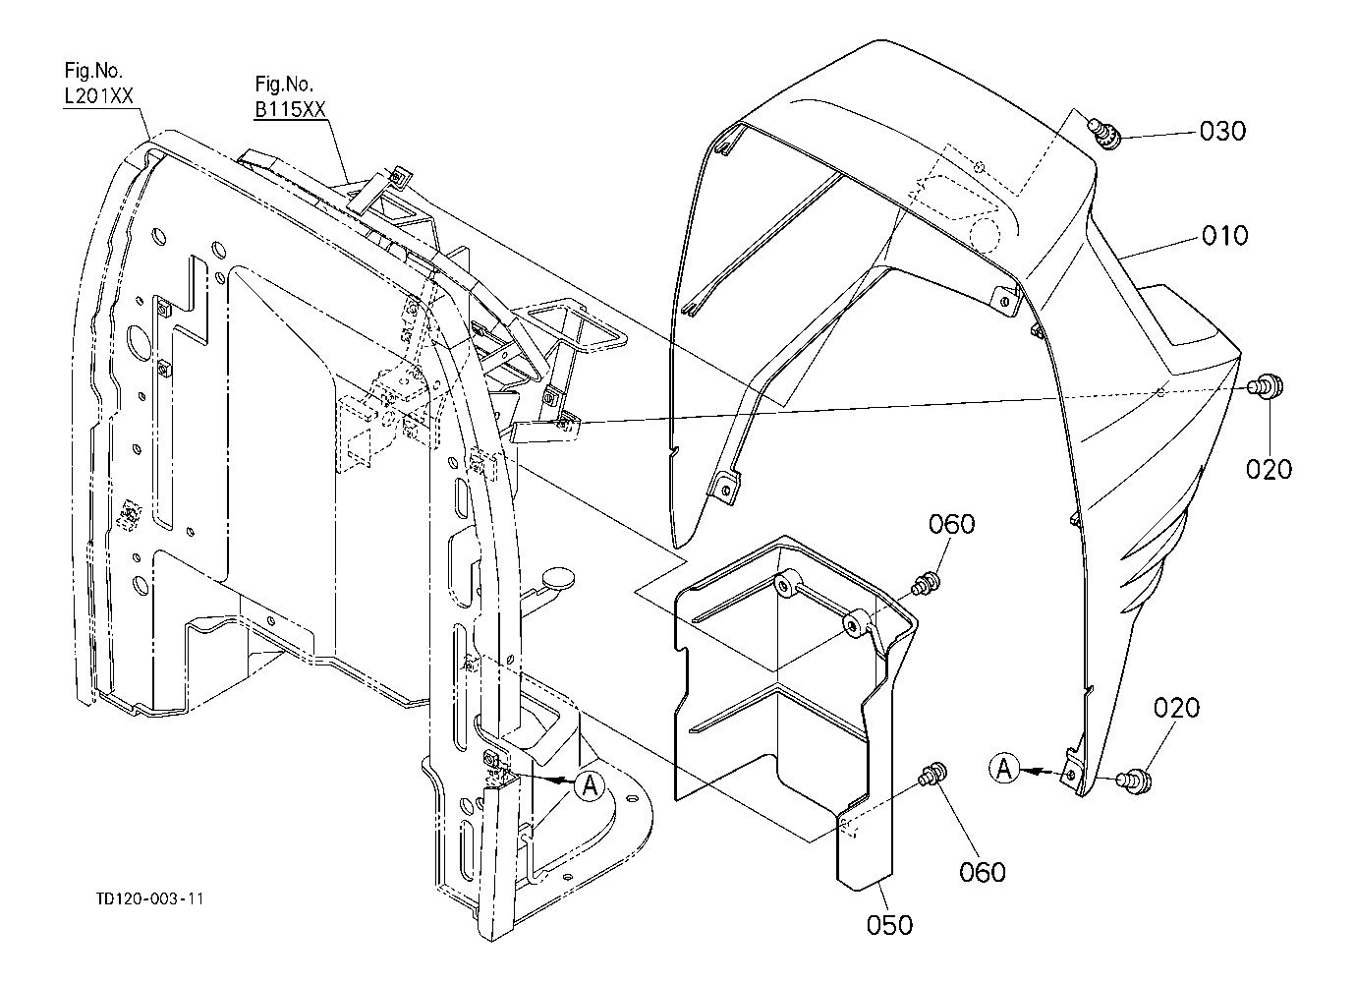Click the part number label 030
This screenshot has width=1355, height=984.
1222,132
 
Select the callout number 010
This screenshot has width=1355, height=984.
1225,235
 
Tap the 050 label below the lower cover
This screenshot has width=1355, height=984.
889,925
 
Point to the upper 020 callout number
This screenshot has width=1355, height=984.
1269,469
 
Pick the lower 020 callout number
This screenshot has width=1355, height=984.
1176,708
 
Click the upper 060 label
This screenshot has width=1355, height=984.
951,524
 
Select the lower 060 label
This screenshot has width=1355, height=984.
982,872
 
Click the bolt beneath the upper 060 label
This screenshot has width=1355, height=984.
927,583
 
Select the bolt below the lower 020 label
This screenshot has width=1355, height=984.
1134,781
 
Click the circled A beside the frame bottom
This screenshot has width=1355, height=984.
590,785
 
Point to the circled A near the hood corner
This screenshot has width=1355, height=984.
1004,769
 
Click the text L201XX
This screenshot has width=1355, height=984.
98,96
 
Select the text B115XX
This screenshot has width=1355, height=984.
291,109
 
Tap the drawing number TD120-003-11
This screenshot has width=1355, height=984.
149,898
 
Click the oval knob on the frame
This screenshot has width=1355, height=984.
558,577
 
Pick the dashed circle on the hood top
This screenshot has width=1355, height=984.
984,235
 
